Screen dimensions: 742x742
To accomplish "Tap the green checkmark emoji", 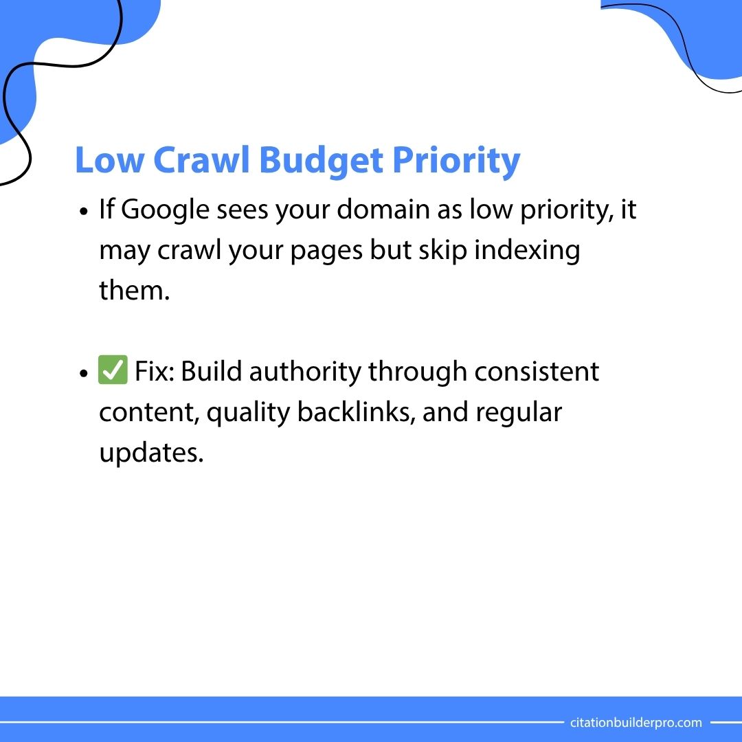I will (x=113, y=372).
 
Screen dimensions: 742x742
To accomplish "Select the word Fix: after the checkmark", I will (x=155, y=372).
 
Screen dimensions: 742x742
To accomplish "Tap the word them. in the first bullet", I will (x=134, y=291).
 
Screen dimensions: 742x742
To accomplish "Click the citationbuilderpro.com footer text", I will (x=636, y=722).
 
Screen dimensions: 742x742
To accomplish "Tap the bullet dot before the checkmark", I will (x=84, y=374).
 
